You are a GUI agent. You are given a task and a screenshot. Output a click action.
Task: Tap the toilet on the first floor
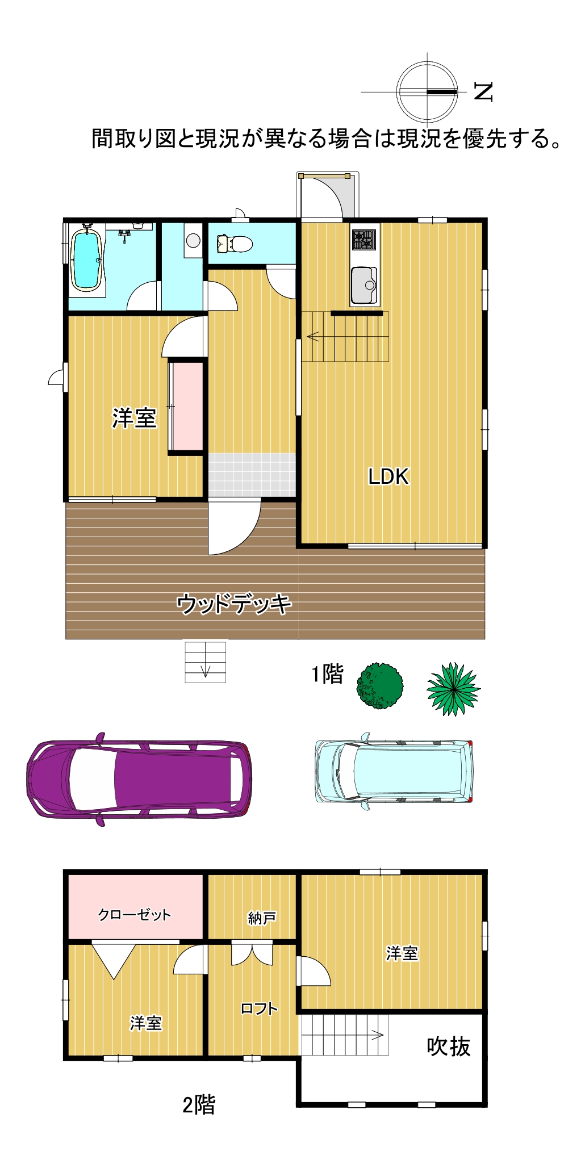235,244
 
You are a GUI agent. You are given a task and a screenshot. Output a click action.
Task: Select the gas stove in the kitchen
363,240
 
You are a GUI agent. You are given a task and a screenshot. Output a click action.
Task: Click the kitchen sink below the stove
364,285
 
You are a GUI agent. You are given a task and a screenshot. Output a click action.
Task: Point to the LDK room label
388,476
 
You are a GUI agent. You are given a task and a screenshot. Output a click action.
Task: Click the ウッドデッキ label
234,604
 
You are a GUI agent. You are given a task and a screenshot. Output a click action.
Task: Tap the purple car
139,778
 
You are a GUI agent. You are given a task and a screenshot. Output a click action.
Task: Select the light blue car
394,771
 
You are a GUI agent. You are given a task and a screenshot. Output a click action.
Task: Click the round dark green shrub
380,685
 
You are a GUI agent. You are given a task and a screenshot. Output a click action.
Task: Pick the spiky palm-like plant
453,689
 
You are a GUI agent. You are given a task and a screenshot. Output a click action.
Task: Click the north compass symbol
427,91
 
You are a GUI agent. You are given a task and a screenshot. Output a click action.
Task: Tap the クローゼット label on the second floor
135,914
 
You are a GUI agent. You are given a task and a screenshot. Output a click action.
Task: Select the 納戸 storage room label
262,918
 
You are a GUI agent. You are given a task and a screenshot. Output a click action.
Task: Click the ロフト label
259,1008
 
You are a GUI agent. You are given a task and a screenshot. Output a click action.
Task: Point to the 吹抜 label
449,1046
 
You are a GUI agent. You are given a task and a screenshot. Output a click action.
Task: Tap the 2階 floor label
199,1105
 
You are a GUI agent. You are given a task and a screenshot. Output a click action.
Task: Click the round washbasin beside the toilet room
193,241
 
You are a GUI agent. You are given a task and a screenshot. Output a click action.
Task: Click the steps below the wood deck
205,662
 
